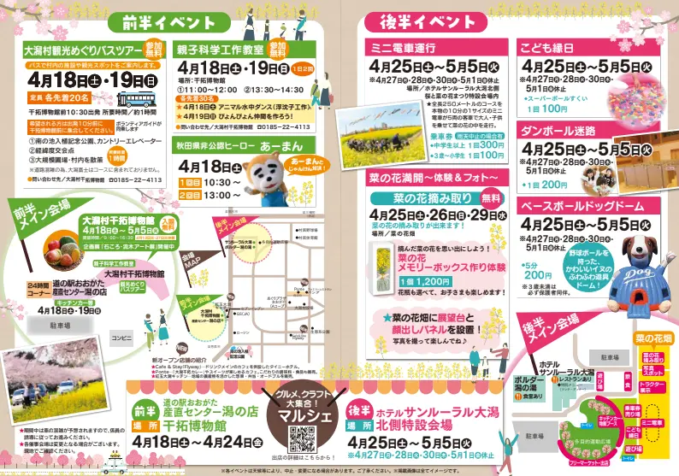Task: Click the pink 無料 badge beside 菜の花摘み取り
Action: (493, 198)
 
